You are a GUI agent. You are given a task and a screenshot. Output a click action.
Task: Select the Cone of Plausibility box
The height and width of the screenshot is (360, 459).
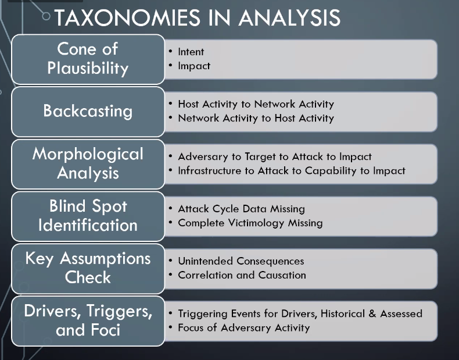click(88, 59)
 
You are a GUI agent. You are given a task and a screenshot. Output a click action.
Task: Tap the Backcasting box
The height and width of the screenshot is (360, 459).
click(88, 111)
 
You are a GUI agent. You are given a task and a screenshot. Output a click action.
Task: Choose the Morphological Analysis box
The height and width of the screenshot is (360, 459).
click(88, 163)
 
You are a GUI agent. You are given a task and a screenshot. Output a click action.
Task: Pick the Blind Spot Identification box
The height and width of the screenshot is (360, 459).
click(88, 216)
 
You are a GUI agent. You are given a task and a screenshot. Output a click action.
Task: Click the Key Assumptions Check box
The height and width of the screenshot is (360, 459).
click(88, 268)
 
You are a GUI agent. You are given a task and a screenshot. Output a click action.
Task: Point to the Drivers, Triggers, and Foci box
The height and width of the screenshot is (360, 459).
click(88, 320)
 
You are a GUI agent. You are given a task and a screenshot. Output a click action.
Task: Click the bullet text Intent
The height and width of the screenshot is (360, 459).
click(191, 52)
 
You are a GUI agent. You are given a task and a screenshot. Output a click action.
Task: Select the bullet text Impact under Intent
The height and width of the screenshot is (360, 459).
click(194, 66)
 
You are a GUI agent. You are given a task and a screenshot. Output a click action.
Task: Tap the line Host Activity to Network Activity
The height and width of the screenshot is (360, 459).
click(256, 104)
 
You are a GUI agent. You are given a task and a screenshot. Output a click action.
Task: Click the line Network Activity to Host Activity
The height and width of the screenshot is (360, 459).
click(256, 118)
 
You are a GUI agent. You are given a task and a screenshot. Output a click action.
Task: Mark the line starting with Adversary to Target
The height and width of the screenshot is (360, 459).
click(274, 156)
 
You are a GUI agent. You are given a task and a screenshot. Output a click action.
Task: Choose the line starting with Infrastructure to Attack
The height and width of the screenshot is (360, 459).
click(291, 170)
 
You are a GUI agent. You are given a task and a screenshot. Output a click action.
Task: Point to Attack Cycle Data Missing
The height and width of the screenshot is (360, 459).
click(241, 209)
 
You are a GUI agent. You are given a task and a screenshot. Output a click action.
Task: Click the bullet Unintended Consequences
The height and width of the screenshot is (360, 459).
click(241, 261)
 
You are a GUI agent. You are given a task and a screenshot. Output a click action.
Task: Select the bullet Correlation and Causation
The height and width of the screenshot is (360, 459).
click(242, 275)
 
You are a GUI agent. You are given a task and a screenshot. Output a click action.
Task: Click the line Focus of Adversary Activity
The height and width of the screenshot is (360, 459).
click(243, 327)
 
